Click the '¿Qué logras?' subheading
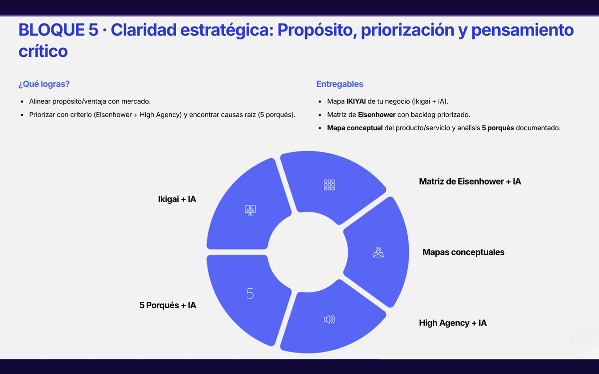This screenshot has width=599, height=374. [x=44, y=84]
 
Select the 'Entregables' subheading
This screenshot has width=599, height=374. [x=339, y=84]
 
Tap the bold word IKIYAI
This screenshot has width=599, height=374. [x=356, y=101]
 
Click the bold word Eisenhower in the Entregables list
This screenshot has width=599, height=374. [x=376, y=115]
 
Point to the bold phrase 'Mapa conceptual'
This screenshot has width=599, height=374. [x=355, y=128]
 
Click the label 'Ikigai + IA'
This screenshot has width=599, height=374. [x=177, y=199]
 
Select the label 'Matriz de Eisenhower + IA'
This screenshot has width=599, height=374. [x=470, y=182]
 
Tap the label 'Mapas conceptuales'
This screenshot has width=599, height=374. [x=463, y=252]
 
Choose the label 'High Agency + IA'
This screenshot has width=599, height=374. [x=453, y=323]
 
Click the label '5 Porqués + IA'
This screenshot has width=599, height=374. [x=168, y=305]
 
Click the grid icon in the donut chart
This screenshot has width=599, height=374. [x=329, y=185]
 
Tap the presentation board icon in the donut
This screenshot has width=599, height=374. [x=250, y=210]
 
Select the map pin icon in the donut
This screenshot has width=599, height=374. [x=378, y=252]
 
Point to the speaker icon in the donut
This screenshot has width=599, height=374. [x=329, y=319]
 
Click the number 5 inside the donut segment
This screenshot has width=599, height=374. [x=250, y=294]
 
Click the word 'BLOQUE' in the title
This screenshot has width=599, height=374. [x=51, y=29]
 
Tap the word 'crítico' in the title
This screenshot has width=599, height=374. [x=43, y=51]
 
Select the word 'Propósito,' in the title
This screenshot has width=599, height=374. [x=317, y=30]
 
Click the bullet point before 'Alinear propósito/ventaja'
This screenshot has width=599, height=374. [x=22, y=102]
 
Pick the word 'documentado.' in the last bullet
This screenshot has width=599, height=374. [x=538, y=128]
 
